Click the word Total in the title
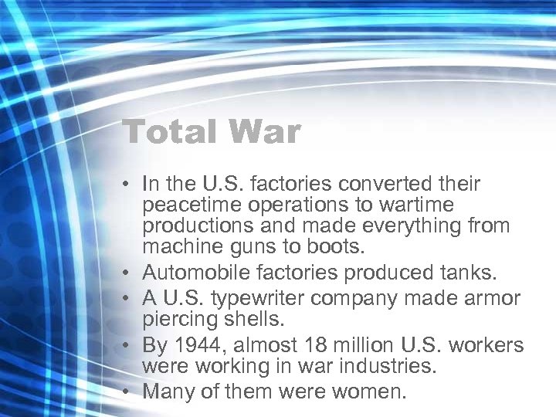coord(166,132)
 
